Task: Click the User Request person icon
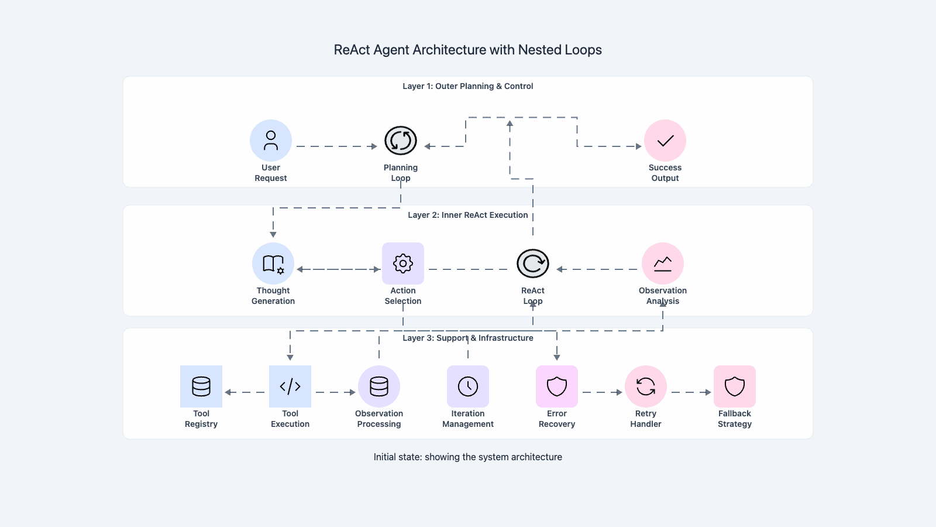coord(271,141)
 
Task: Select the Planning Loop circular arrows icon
coord(401,141)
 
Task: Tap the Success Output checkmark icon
coord(665,141)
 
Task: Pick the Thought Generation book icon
coord(273,263)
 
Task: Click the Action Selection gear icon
coord(403,263)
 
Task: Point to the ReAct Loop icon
coord(533,263)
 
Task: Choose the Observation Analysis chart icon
coord(663,263)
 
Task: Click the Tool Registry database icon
coord(201,386)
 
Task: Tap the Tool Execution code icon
coord(290,386)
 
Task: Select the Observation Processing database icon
coord(379,386)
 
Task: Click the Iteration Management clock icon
coord(468,386)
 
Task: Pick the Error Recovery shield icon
coord(557,386)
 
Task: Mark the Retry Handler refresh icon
coord(646,386)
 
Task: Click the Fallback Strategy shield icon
coord(735,386)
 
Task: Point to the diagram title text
coord(468,50)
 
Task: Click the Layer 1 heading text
coord(468,86)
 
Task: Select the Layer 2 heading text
coord(468,215)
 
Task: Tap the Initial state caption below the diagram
coord(468,457)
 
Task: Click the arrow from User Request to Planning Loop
coord(336,146)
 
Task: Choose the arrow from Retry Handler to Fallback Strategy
coord(691,392)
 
